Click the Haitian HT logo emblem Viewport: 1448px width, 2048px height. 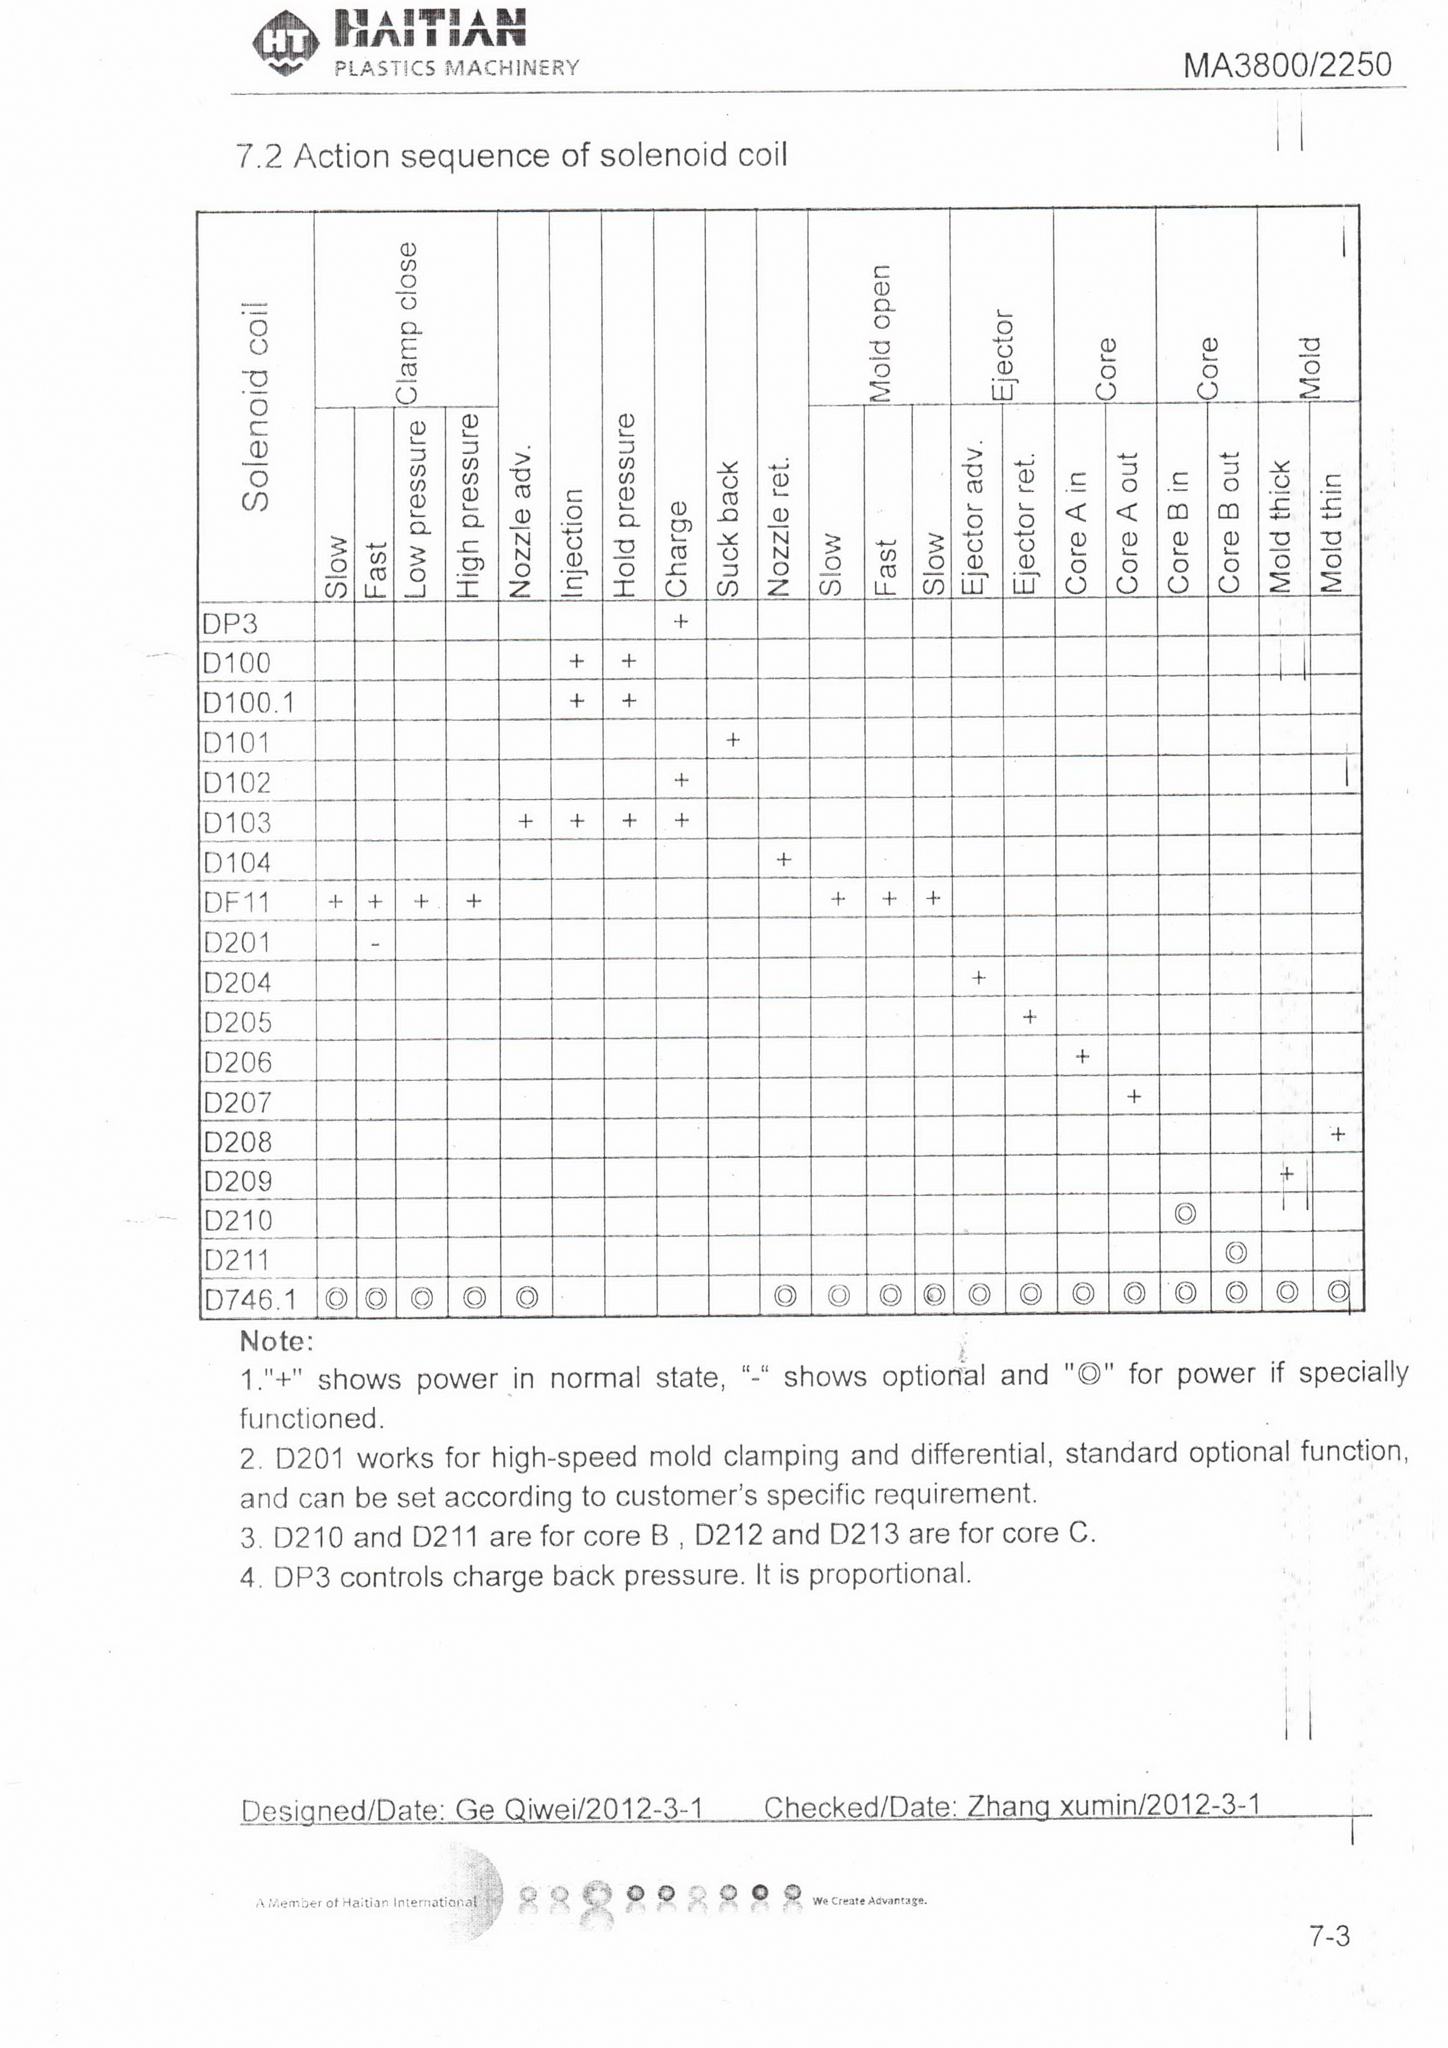click(x=285, y=43)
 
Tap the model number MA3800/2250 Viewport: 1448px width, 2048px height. click(x=1286, y=65)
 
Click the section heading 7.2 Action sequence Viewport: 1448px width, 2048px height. click(x=511, y=156)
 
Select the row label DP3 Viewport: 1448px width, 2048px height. click(x=230, y=623)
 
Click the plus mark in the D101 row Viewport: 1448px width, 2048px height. click(x=732, y=739)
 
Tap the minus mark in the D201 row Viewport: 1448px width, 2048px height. click(x=376, y=943)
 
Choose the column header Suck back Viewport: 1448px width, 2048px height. click(x=729, y=528)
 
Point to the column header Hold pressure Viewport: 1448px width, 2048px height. click(x=625, y=505)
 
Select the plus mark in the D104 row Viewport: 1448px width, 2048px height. click(x=783, y=859)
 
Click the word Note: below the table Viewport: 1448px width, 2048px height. click(x=276, y=1341)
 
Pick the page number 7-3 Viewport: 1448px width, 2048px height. click(x=1329, y=1936)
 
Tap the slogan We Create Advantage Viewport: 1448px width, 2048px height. click(x=870, y=1900)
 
